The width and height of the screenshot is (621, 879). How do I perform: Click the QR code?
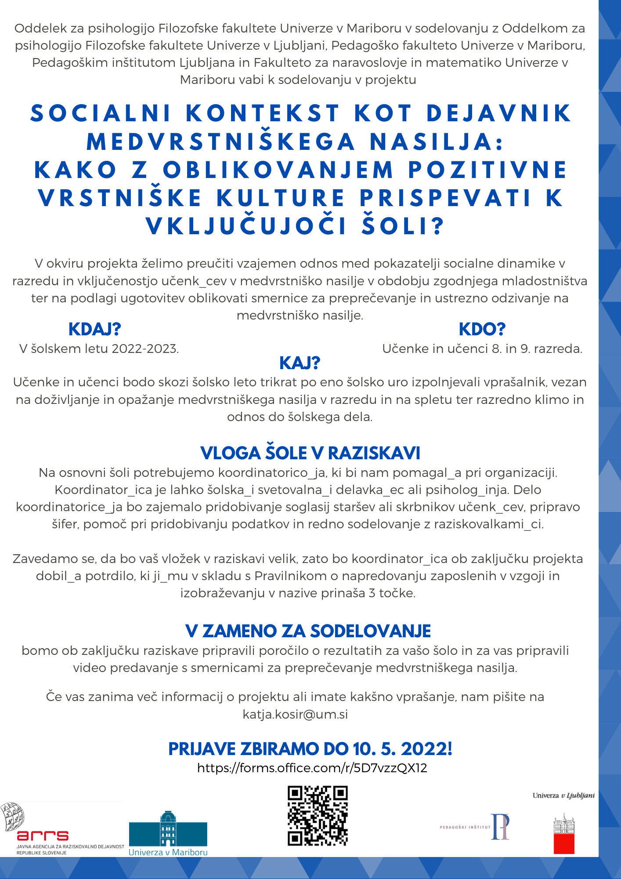[318, 816]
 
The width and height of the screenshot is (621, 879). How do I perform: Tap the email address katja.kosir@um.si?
[295, 714]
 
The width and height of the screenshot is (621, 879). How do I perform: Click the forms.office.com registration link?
[312, 768]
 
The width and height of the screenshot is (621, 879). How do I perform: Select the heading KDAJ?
[94, 329]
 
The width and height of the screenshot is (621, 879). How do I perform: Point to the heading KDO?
[482, 329]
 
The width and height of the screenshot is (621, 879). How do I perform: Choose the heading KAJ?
[300, 363]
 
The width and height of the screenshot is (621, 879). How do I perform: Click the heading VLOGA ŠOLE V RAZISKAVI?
[310, 453]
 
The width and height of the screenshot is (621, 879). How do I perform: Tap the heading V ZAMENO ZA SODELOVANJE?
[308, 631]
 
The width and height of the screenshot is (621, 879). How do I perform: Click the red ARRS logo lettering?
[43, 835]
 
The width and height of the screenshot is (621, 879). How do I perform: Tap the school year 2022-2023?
[145, 349]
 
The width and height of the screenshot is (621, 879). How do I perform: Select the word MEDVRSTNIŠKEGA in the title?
[220, 142]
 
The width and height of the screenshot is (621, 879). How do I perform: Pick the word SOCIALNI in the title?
[101, 113]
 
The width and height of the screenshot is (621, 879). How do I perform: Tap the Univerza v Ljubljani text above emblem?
[563, 795]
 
